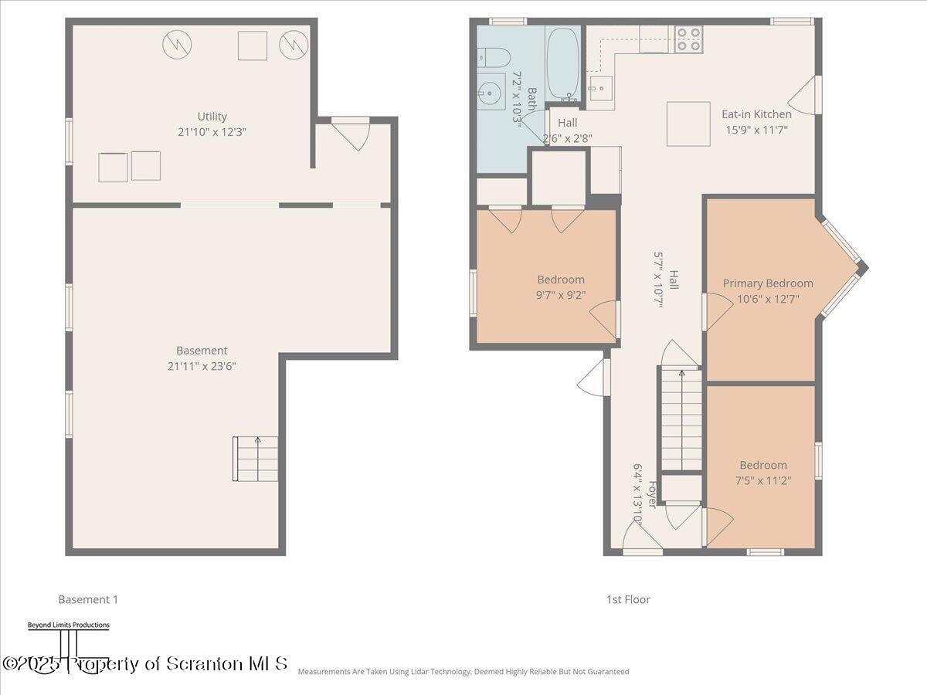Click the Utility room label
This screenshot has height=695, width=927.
(212, 116)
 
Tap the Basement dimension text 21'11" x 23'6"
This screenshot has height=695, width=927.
(202, 366)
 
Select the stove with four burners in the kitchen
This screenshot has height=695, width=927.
(688, 39)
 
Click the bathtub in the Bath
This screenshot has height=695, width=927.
(562, 63)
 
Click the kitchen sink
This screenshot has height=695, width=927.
(601, 89)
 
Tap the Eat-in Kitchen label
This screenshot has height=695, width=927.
(756, 114)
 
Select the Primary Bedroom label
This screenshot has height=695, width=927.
(768, 283)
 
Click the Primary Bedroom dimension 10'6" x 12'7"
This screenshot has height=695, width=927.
(768, 299)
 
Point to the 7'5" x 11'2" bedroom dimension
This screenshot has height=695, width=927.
(763, 480)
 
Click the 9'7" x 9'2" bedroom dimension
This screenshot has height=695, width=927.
(561, 295)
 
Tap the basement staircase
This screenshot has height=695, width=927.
(256, 459)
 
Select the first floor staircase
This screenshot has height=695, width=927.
(681, 419)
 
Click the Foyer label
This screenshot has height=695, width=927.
(653, 494)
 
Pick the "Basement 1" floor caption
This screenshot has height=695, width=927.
(88, 599)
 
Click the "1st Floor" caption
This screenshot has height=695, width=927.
(628, 599)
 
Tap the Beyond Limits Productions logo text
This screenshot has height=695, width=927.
(69, 625)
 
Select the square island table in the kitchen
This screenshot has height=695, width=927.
(688, 124)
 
